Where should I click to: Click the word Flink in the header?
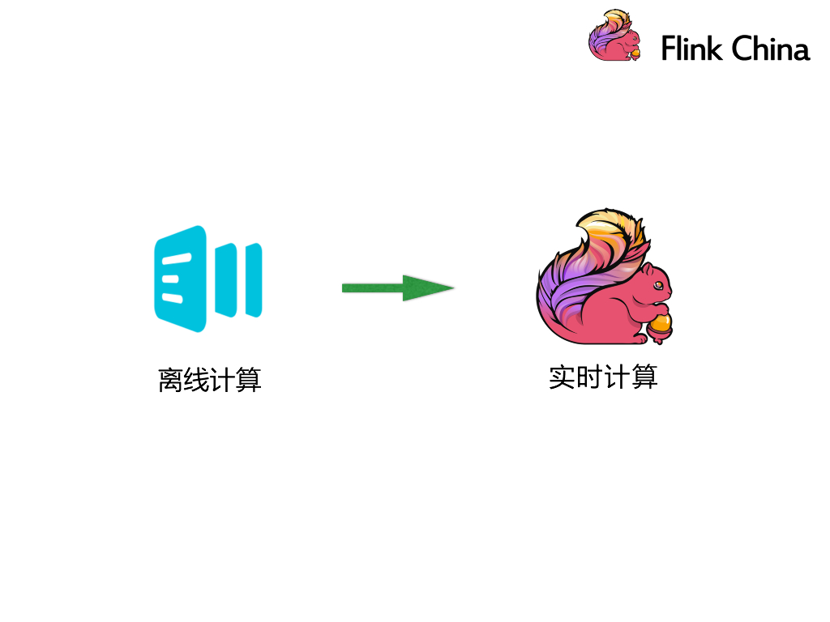point(691,49)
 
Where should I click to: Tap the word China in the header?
point(769,49)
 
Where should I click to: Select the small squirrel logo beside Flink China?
point(614,36)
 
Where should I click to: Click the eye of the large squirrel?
point(659,286)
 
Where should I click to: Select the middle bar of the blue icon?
point(226,279)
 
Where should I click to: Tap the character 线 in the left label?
point(196,380)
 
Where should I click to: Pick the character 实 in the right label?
point(562,377)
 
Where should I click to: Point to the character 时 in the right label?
point(588,377)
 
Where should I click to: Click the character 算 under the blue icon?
point(248,380)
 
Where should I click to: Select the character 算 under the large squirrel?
point(643,377)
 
